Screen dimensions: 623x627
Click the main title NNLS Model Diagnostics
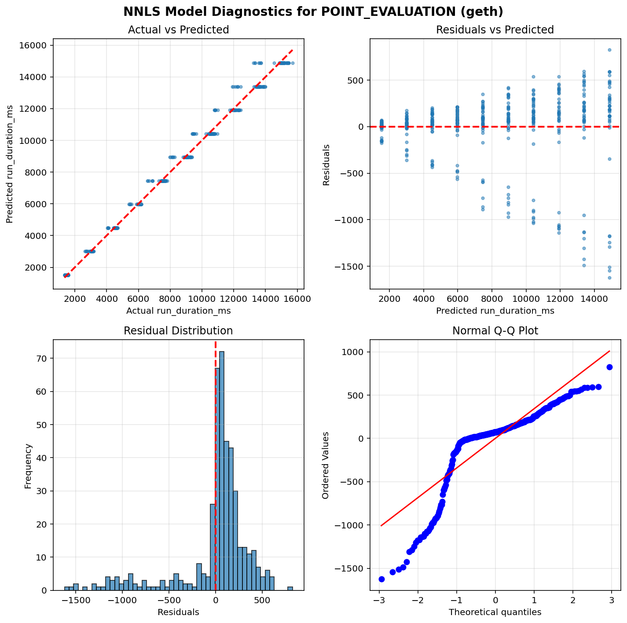(313, 11)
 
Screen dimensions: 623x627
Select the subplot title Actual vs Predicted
(178, 30)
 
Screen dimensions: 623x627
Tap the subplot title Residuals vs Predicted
(495, 30)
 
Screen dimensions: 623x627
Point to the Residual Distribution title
(178, 331)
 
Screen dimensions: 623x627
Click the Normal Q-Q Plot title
(495, 331)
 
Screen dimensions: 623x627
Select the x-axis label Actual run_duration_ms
(178, 311)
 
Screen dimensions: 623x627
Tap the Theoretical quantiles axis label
(495, 612)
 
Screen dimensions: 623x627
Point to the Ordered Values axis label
(326, 465)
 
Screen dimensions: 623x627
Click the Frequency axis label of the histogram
(28, 465)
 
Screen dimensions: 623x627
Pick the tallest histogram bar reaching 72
(222, 471)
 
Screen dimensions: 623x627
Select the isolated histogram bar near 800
(290, 588)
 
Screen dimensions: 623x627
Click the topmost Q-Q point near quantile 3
(609, 367)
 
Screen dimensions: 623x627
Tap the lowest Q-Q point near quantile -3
(381, 579)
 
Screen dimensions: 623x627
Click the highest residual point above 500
(609, 50)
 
